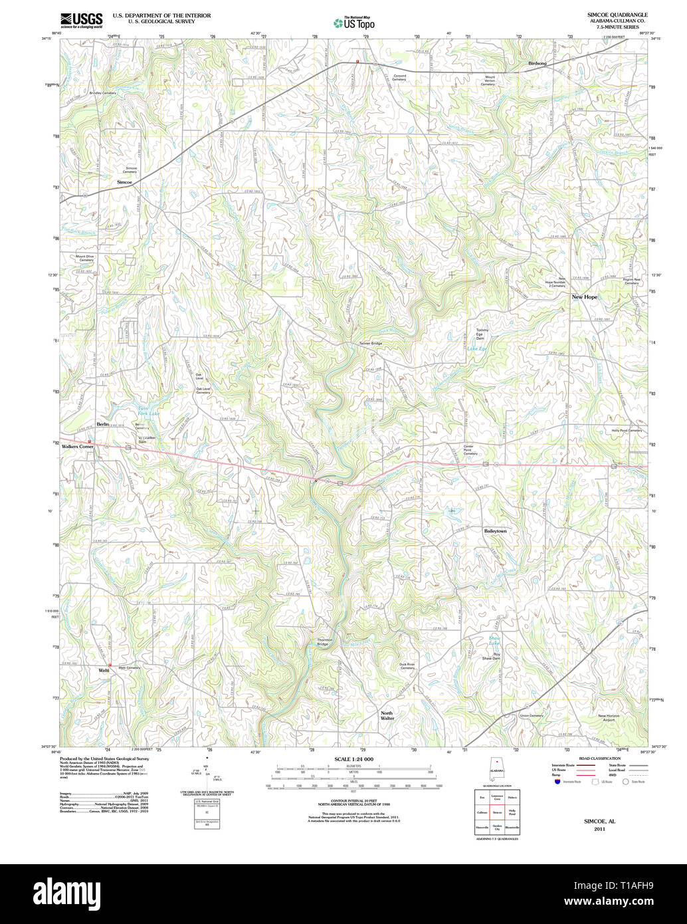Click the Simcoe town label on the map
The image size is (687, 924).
(125, 181)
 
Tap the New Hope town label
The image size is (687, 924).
(585, 296)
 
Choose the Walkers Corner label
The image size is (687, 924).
(78, 447)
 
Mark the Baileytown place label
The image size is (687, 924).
(495, 531)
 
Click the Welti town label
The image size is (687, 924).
(103, 670)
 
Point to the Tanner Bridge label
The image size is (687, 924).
(370, 343)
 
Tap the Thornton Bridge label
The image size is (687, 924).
(324, 642)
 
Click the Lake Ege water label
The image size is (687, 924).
(476, 348)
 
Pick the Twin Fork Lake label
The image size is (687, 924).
(148, 411)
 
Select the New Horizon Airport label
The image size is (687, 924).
(609, 717)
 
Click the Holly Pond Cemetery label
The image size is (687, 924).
(627, 430)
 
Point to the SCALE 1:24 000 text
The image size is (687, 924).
(353, 759)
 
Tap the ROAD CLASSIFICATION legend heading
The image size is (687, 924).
(599, 758)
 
